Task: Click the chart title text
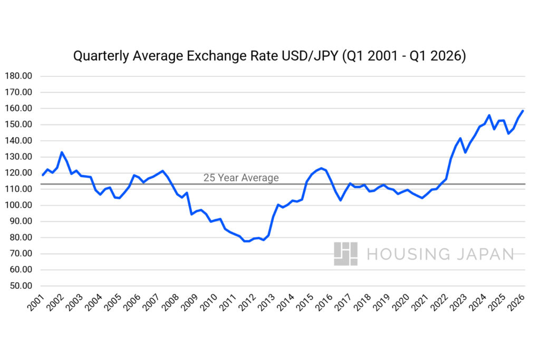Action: pyautogui.click(x=269, y=56)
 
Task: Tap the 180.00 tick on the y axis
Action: pyautogui.click(x=18, y=76)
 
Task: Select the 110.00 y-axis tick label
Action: pyautogui.click(x=18, y=189)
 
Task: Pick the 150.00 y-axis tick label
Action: pyautogui.click(x=18, y=124)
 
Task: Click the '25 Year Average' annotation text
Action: pyautogui.click(x=241, y=178)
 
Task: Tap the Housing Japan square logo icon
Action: pyautogui.click(x=345, y=254)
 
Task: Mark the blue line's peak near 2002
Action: pyautogui.click(x=62, y=152)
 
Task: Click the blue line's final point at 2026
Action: pyautogui.click(x=523, y=111)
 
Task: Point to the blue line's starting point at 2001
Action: pyautogui.click(x=43, y=175)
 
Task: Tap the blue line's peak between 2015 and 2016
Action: pyautogui.click(x=321, y=168)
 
